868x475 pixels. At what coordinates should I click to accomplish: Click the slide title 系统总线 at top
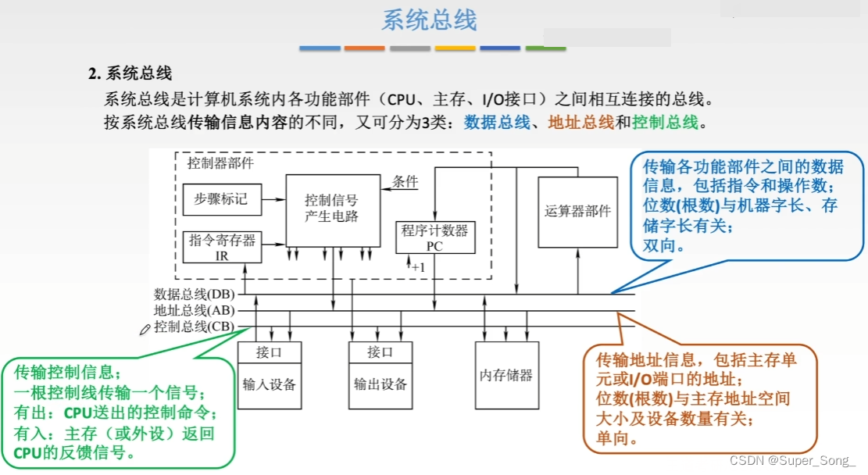coord(429,20)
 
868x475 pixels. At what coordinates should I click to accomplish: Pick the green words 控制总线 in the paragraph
coord(664,123)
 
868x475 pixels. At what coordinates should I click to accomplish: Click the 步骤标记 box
coord(221,199)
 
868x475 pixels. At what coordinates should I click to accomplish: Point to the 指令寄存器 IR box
coord(221,247)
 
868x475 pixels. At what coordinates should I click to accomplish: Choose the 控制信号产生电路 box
coord(332,209)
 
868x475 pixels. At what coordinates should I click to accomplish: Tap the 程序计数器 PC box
coord(435,237)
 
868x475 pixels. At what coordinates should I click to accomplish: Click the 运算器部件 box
coord(577,212)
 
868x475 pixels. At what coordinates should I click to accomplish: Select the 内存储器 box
coord(506,375)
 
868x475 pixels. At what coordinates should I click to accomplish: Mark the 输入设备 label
coord(269,384)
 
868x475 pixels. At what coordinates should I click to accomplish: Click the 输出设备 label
coord(380,384)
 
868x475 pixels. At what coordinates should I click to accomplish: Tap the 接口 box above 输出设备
coord(380,352)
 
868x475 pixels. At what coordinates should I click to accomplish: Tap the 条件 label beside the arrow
coord(405,181)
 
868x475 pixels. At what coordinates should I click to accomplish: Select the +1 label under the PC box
coord(418,267)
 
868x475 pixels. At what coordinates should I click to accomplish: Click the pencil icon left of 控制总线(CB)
coord(145,330)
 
